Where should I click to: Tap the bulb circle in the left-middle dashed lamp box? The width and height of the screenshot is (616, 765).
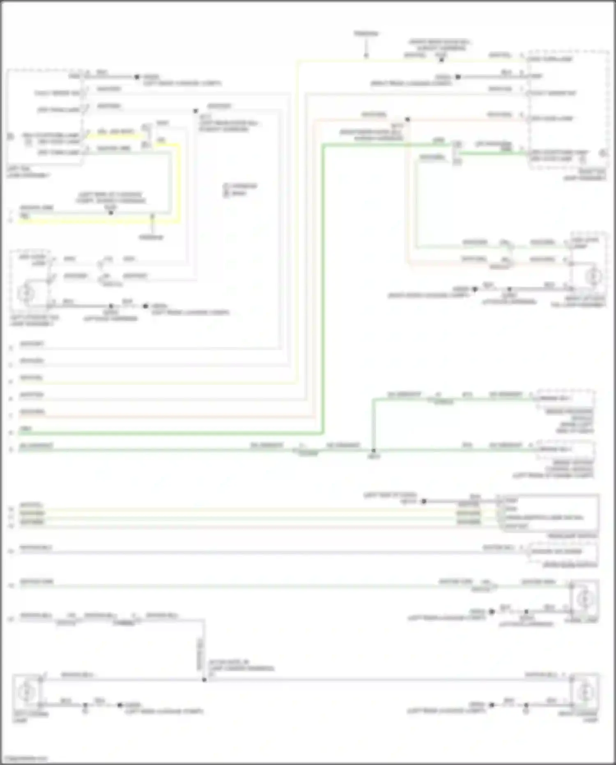pos(27,293)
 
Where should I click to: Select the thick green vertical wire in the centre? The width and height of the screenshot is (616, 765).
pos(323,288)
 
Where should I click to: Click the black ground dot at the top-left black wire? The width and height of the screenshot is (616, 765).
pos(137,77)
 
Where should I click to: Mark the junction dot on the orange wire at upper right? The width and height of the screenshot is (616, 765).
pos(407,120)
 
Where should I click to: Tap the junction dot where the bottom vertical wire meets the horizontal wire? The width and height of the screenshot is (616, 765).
pos(204,680)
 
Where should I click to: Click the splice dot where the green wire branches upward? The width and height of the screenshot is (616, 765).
pos(373,451)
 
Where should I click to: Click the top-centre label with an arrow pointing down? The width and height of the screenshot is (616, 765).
pos(366,33)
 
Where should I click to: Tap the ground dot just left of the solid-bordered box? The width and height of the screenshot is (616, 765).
pos(424,502)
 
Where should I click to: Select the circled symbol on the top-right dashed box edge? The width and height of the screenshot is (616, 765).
pos(603,153)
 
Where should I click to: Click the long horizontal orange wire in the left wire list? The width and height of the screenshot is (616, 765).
pos(164,416)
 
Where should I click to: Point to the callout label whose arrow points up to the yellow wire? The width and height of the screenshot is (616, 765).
pos(151,237)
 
